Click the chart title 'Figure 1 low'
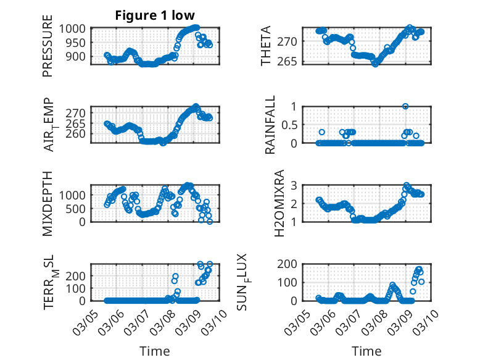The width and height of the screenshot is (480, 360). tap(155, 15)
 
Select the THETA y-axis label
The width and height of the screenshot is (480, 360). tap(266, 46)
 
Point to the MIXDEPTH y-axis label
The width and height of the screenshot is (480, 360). tap(48, 204)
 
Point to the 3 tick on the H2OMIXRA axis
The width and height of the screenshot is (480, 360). tap(294, 185)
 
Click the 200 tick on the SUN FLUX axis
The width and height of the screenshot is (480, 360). tap(289, 264)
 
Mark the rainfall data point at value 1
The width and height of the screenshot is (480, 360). tap(405, 106)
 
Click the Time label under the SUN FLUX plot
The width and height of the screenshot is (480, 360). tap(366, 351)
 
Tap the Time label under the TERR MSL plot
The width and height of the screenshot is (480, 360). tap(155, 351)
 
